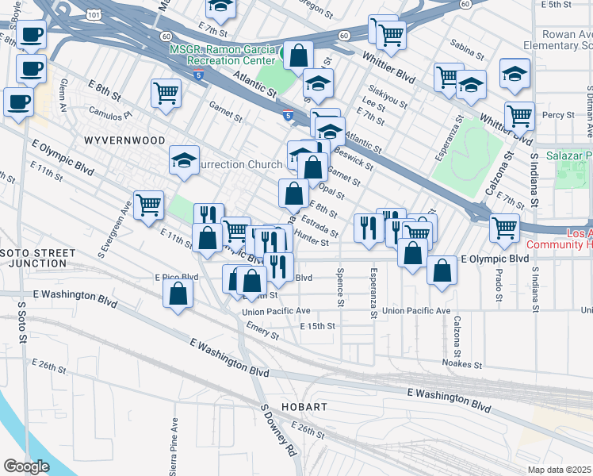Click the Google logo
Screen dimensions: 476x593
(27, 466)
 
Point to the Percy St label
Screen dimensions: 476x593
(559, 115)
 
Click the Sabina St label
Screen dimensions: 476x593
(467, 52)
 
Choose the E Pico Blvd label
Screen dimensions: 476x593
(176, 277)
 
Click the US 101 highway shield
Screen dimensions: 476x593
(95, 14)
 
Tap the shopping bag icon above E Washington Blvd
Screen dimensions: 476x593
(178, 294)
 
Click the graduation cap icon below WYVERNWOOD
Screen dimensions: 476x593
(185, 161)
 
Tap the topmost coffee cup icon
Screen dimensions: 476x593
(33, 34)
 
